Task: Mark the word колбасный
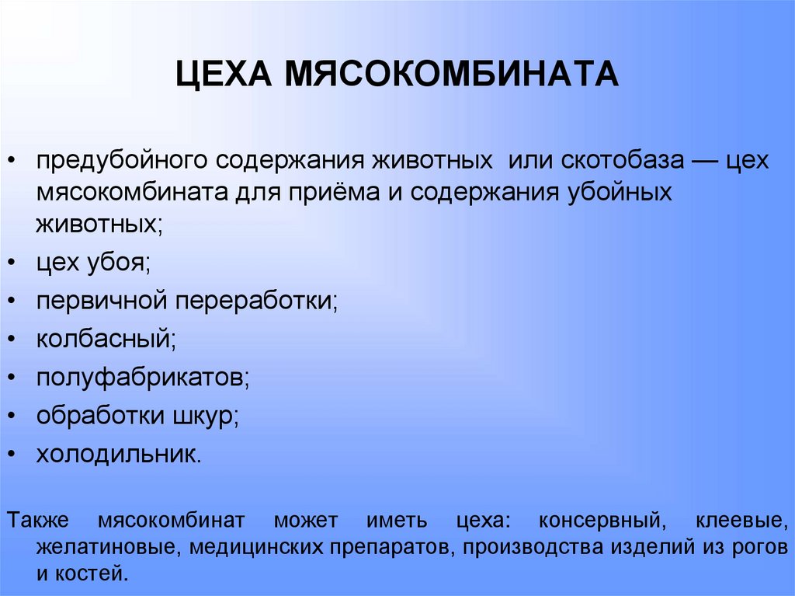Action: click(x=103, y=338)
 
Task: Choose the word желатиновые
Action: click(x=104, y=546)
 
